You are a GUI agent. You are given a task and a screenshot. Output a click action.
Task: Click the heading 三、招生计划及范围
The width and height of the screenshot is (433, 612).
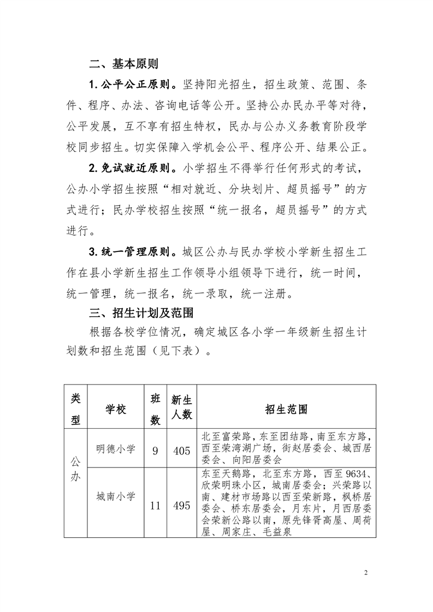click(139, 313)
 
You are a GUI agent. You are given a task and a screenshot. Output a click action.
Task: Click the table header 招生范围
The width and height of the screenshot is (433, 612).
click(286, 409)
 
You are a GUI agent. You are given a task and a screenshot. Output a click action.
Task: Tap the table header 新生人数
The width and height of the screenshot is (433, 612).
click(181, 406)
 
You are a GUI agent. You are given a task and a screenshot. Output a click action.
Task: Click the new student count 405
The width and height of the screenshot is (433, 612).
click(181, 451)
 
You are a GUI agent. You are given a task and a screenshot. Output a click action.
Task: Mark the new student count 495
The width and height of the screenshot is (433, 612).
click(181, 506)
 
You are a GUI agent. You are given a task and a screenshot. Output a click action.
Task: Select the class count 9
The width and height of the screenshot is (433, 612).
click(155, 451)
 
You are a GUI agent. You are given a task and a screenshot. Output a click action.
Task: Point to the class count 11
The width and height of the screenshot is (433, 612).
click(155, 506)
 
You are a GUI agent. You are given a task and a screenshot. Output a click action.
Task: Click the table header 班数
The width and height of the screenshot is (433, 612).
click(155, 409)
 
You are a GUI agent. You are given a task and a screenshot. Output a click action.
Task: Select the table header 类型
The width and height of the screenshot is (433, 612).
click(75, 409)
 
